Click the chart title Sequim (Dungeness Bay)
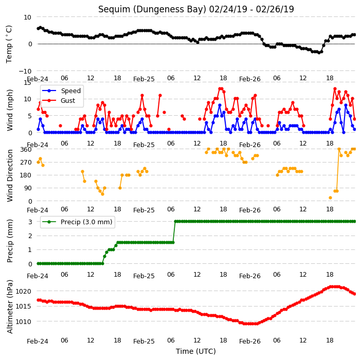click(152, 9)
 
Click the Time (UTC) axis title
click(196, 351)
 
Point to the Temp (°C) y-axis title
click(9, 44)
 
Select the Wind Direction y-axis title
click(10, 176)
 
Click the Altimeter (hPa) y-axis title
click(10, 307)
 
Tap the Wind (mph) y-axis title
click(10, 110)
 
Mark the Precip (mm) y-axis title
click(10, 241)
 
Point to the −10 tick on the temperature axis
click(25, 71)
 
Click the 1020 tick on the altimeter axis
click(23, 292)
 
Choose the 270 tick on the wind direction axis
click(26, 163)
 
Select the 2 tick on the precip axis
click(30, 236)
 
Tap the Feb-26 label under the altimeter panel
click(250, 341)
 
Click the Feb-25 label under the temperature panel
click(144, 79)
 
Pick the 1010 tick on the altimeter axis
click(23, 321)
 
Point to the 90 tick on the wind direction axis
click(28, 188)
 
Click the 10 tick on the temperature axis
click(27, 17)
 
